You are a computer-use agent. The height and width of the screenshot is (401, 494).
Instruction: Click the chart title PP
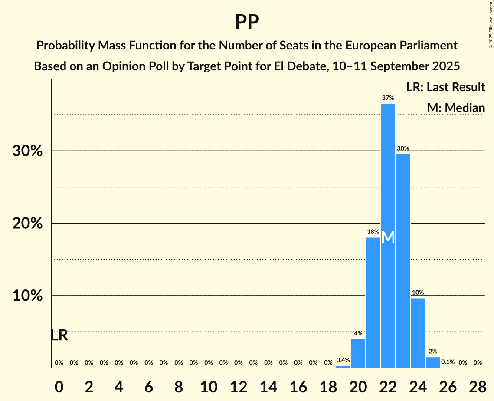point(247,22)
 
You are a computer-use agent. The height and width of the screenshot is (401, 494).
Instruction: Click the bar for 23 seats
point(403,260)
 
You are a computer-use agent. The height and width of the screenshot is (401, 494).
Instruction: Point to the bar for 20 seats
point(358,353)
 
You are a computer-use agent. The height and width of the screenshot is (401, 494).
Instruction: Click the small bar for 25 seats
point(433,362)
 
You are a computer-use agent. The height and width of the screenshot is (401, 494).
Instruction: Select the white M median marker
point(388,237)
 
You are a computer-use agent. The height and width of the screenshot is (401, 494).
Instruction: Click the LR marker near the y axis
point(59,335)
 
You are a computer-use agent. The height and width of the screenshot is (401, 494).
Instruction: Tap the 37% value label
point(388,98)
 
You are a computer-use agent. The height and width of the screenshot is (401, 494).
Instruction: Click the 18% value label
point(373,232)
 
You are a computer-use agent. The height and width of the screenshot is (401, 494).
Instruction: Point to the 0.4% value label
point(343,360)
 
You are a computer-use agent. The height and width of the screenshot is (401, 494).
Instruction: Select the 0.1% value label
point(448,362)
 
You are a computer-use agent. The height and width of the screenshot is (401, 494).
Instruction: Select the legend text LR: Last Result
point(445,87)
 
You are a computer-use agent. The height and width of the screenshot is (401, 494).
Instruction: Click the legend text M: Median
point(456,108)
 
